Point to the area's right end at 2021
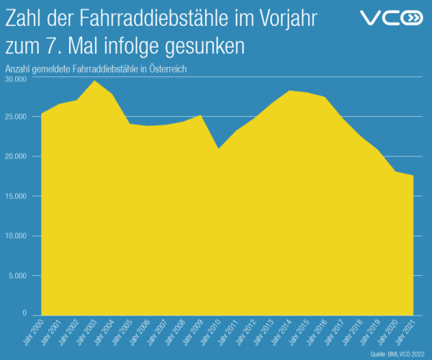(x=413, y=176)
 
